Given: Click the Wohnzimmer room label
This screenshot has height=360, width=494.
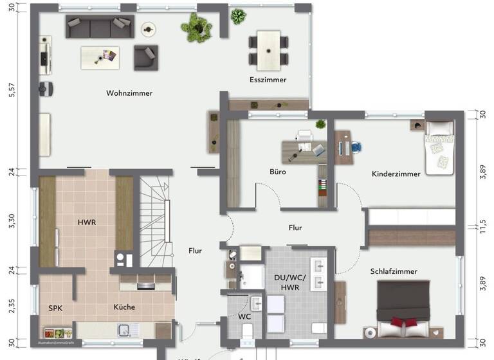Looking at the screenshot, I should point(129,93).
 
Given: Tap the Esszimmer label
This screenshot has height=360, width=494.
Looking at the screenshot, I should point(268,80).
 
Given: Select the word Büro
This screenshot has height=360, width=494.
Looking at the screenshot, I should point(278,172).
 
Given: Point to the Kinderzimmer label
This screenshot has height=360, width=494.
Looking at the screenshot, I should point(396,174).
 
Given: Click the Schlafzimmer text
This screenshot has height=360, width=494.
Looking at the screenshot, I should point(394,271).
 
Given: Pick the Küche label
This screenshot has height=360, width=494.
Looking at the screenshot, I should point(124,307).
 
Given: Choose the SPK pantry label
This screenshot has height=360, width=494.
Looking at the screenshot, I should point(56,308).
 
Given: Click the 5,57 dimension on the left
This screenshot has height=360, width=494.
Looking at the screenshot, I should point(11,89).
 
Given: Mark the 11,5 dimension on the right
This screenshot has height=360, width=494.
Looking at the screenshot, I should point(483,227).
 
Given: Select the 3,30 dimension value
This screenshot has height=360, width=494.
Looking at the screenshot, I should point(11,221).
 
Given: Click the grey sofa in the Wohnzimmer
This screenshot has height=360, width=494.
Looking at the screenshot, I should point(98,27).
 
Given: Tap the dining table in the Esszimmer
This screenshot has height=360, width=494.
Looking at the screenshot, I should point(268,50).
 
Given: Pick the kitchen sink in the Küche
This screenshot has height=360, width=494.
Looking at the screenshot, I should point(125,330).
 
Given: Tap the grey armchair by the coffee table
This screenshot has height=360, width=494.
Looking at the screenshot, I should point(145,57).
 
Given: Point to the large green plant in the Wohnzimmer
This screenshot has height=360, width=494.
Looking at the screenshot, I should point(196,27).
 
